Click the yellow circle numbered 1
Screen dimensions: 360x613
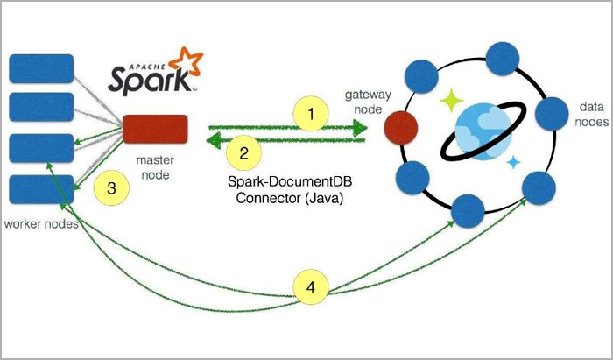pyautogui.click(x=308, y=112)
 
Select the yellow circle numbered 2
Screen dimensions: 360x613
pyautogui.click(x=244, y=150)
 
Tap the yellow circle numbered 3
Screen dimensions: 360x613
pyautogui.click(x=111, y=187)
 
